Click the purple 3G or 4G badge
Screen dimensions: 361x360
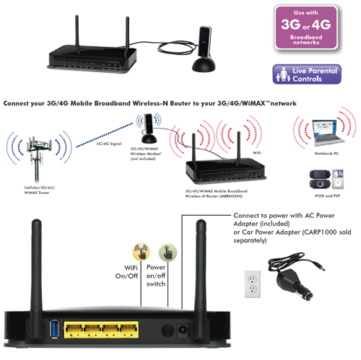[306, 28]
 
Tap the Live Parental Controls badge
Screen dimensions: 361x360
[307, 74]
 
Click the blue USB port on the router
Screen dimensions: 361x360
[54, 328]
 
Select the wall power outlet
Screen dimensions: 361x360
[253, 284]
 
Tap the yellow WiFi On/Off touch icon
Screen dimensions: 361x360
[142, 252]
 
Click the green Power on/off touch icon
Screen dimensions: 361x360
[168, 253]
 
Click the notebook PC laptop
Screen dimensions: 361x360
[327, 133]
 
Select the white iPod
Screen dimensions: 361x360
[338, 179]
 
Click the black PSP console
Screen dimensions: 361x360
[320, 179]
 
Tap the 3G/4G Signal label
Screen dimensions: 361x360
[109, 144]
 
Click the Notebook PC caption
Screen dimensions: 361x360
[326, 154]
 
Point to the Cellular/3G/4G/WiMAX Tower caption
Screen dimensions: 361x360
[40, 190]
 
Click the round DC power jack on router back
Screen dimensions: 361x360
[182, 330]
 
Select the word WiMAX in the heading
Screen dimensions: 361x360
[253, 103]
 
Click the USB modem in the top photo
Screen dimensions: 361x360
[204, 48]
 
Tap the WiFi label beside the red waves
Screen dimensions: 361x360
[257, 153]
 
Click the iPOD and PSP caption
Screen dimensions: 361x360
[327, 196]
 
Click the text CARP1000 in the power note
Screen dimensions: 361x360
[319, 232]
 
